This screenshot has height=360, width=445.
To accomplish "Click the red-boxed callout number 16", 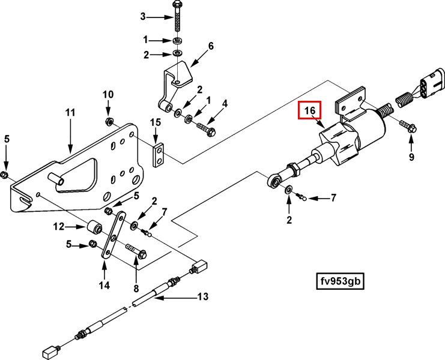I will pos(310,110).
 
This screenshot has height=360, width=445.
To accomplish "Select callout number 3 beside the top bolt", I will pos(143,17).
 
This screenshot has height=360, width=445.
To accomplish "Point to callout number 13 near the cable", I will pos(203,296).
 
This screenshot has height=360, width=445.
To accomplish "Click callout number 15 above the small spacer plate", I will pos(156,122).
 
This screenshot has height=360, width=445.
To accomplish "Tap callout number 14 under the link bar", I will pos(104,285).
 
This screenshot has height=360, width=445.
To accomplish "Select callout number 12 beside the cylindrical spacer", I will pos(59,227).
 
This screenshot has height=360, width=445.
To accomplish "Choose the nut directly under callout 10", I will pos(108,121).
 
